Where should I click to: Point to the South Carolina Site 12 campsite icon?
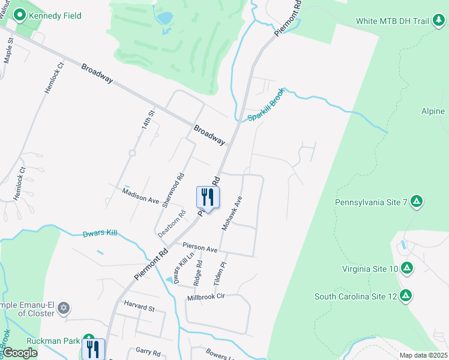406,296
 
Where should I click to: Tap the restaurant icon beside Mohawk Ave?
208,197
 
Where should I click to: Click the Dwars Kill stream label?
100,232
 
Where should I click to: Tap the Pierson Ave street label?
200,247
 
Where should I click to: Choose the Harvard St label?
139,307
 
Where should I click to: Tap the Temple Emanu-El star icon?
64,309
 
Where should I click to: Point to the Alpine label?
433,112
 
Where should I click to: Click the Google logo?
19,353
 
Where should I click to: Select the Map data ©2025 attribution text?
423,355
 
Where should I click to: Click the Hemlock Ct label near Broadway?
53,78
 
